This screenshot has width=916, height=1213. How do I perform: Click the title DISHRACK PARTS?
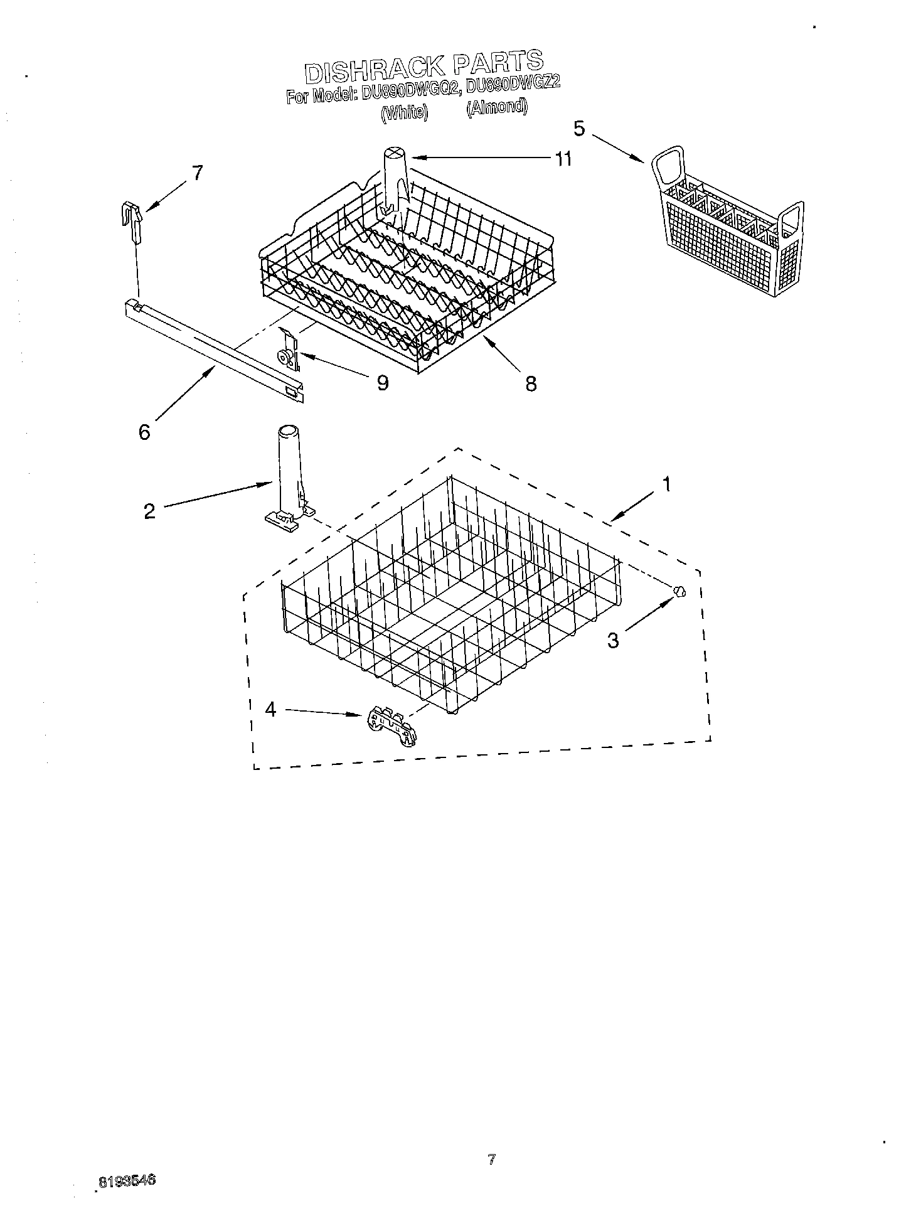[x=424, y=67]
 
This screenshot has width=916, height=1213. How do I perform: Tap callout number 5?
[x=578, y=129]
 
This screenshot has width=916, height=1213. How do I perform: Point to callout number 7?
[x=197, y=173]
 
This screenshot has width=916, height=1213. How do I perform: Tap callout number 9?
[x=382, y=382]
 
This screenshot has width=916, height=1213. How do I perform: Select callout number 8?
[x=531, y=383]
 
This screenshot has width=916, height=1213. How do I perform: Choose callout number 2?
[x=149, y=511]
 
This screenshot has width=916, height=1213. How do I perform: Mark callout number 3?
[x=613, y=640]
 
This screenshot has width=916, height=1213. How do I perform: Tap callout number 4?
[x=270, y=710]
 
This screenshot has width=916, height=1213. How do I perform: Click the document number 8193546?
[x=126, y=1181]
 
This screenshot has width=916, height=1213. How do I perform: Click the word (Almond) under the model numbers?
[x=496, y=107]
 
